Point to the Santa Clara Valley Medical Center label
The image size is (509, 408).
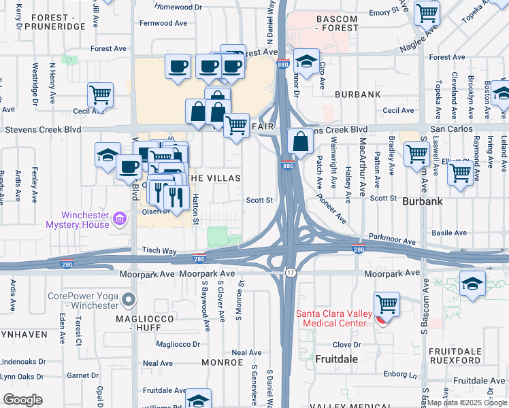[334, 318]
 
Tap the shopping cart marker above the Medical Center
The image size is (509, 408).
[387, 303]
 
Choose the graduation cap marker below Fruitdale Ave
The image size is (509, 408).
[198, 399]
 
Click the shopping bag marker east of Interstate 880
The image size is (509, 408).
[300, 141]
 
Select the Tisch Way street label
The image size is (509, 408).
[159, 251]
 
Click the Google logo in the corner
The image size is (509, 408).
[22, 399]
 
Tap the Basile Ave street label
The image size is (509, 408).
[450, 233]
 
